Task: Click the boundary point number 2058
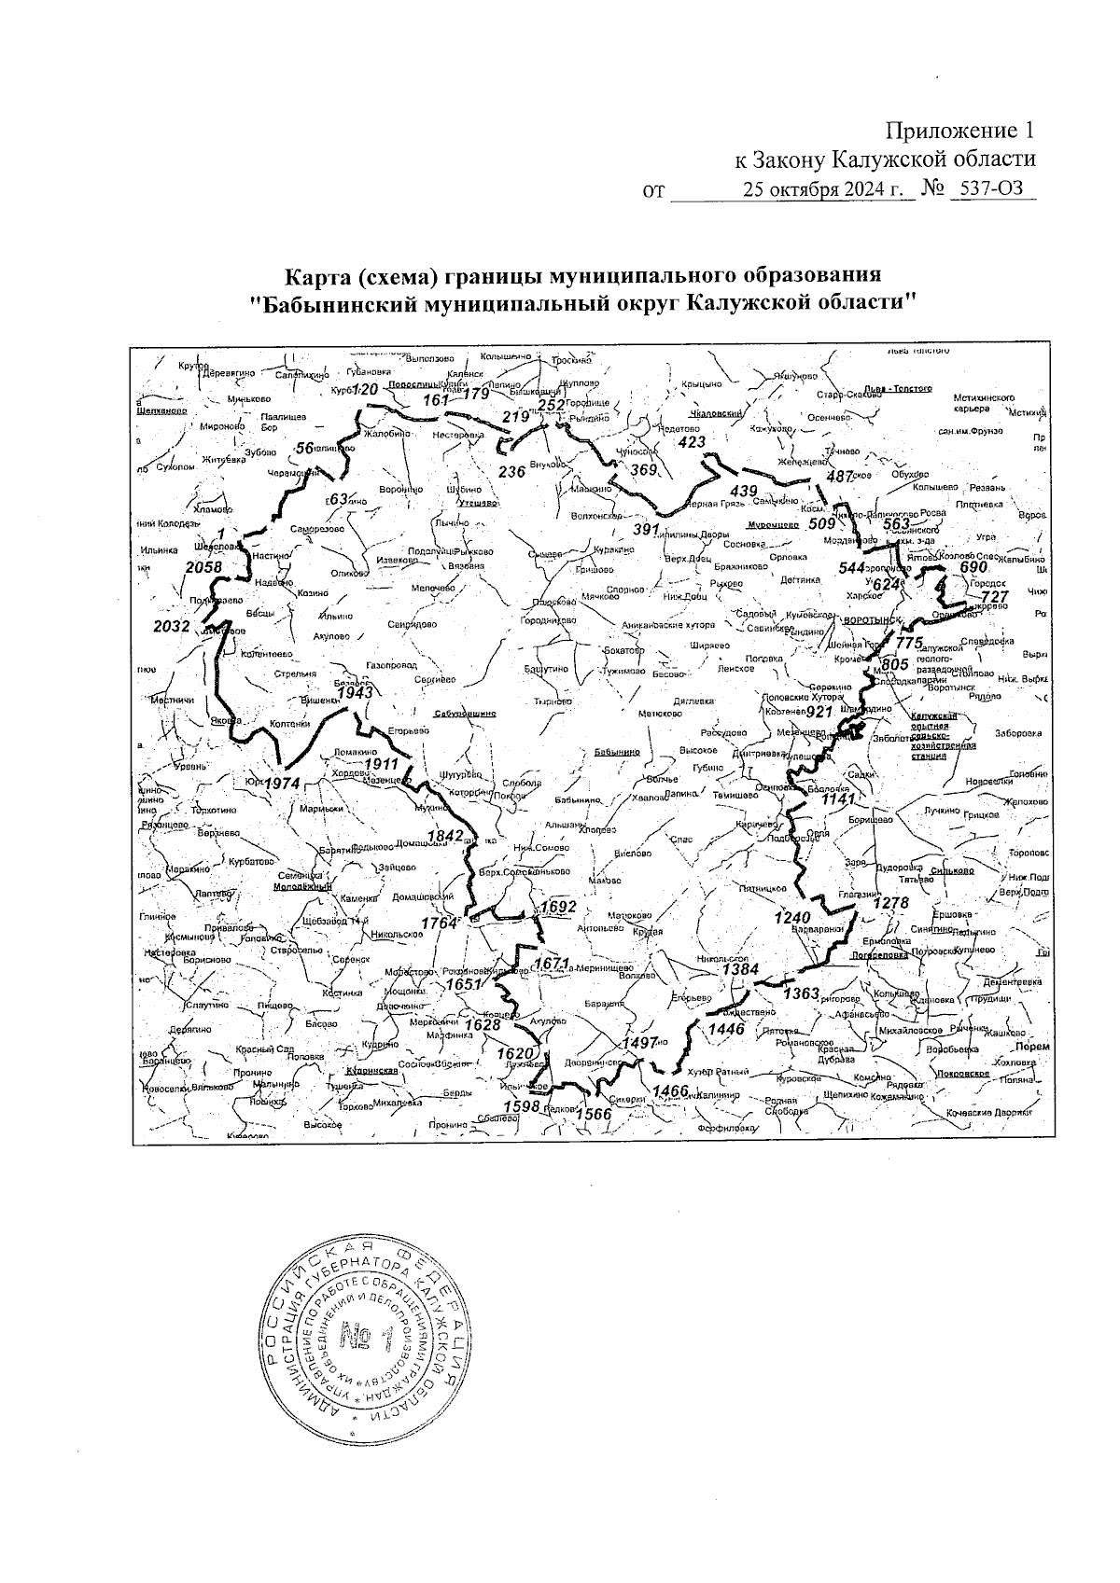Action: [x=203, y=567]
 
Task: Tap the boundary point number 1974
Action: [x=282, y=784]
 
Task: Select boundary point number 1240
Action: [x=792, y=918]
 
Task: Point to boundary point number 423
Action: [x=692, y=442]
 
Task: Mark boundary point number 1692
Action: [x=559, y=907]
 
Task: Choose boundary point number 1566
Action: [x=593, y=1114]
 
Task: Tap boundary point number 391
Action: [x=647, y=529]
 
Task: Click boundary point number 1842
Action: [x=445, y=835]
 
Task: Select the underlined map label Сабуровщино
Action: [x=464, y=714]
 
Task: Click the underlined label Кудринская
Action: [x=370, y=1071]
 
